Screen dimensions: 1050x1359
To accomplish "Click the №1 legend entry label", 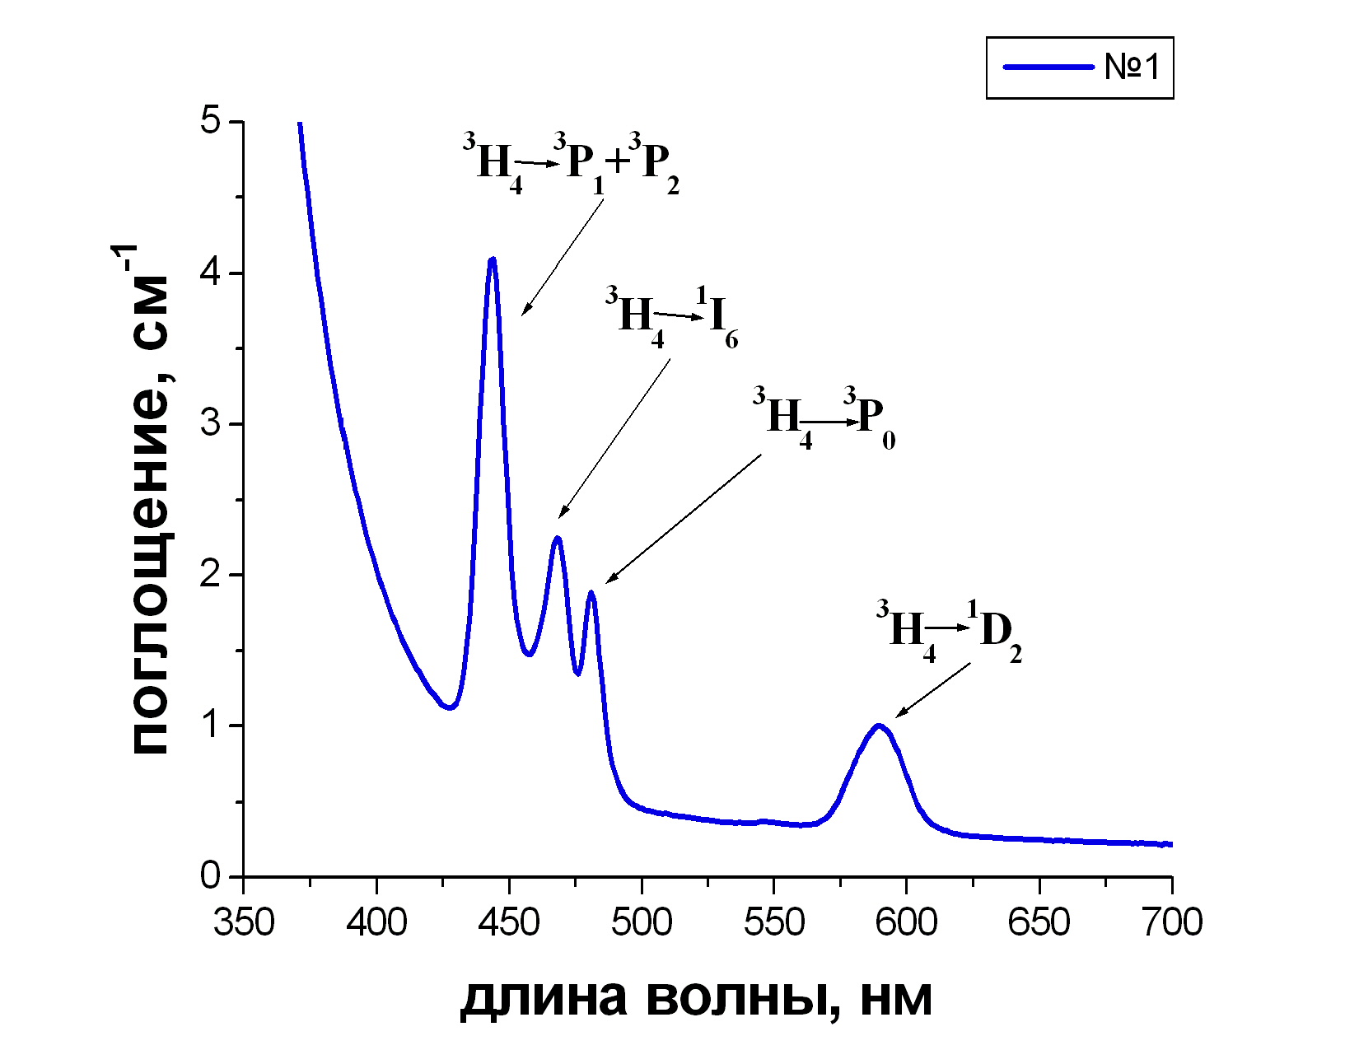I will (x=1132, y=67).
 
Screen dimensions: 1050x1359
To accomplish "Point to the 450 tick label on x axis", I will (x=509, y=922).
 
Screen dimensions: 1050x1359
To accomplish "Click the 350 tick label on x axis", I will (x=244, y=922).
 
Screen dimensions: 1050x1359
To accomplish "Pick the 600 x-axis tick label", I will (x=907, y=922).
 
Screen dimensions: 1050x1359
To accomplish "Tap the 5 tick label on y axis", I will (x=211, y=122).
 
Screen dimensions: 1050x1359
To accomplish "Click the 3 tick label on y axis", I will (x=211, y=423).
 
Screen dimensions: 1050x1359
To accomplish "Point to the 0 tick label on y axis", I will (x=211, y=875).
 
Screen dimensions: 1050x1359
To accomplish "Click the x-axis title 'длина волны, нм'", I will (x=696, y=998).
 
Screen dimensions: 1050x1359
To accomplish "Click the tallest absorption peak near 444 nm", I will (x=492, y=259).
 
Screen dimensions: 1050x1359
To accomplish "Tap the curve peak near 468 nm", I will (x=558, y=538).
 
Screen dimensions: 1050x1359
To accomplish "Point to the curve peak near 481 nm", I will (x=591, y=592).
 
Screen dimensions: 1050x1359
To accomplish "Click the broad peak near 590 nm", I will (x=879, y=726).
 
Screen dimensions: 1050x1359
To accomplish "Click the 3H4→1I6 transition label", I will (x=671, y=316).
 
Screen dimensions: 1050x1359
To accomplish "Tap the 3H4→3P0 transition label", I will (x=824, y=418).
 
